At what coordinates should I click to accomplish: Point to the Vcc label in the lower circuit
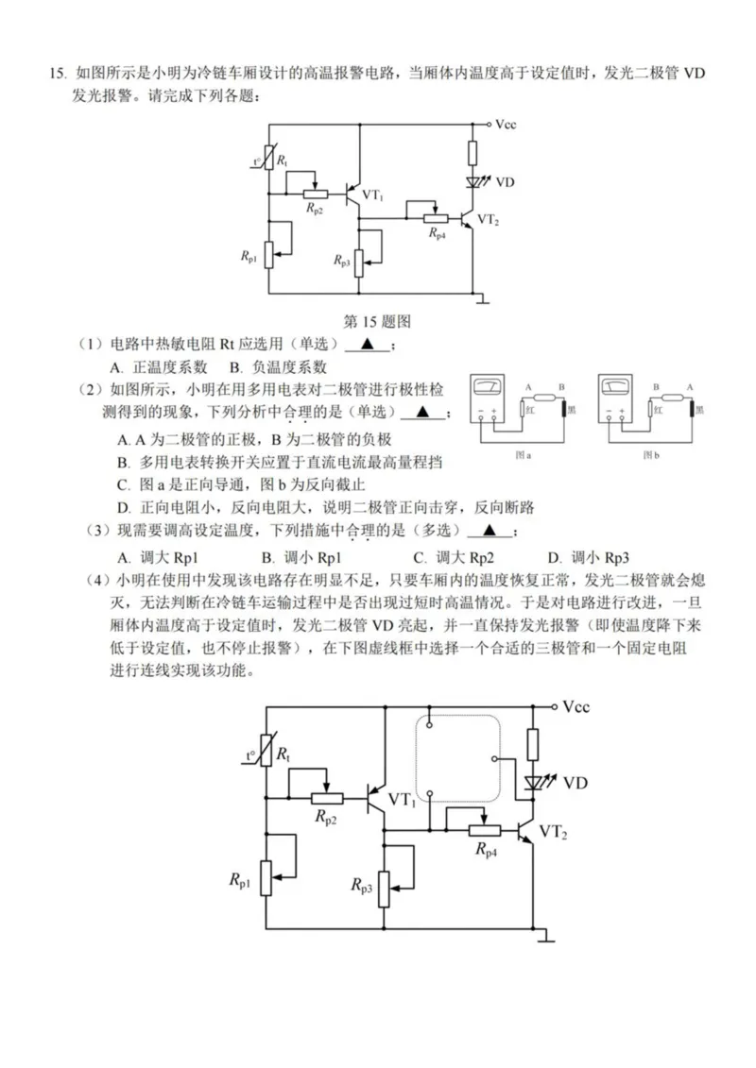578,706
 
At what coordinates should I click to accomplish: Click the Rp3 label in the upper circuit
342,259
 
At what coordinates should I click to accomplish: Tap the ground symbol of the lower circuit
545,937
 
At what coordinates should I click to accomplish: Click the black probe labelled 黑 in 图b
692,408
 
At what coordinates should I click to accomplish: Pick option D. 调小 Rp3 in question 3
588,556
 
